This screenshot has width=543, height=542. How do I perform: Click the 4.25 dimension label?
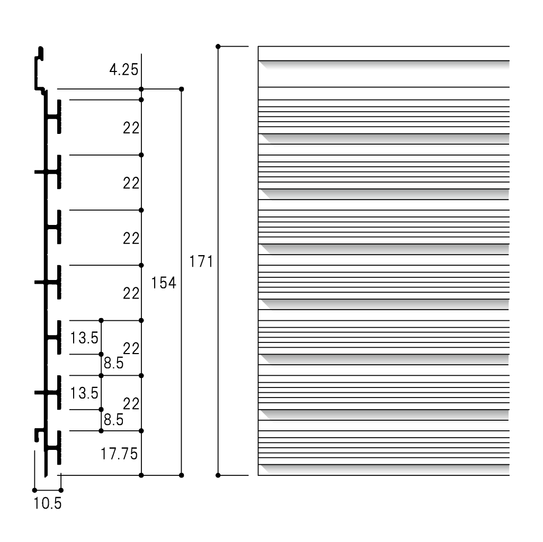(x=123, y=70)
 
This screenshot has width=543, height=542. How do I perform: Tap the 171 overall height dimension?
(x=201, y=261)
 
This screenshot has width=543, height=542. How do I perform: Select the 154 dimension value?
(x=164, y=283)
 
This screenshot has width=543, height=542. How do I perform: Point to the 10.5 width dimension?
(x=48, y=503)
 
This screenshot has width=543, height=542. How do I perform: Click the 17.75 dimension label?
(x=119, y=454)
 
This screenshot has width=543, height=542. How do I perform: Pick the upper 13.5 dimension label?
(x=84, y=338)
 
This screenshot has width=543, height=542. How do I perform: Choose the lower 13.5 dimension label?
(x=84, y=393)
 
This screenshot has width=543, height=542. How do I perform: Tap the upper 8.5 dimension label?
(x=113, y=363)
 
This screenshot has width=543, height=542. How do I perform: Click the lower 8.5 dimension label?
(x=113, y=420)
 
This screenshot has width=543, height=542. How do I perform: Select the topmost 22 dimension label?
(x=131, y=128)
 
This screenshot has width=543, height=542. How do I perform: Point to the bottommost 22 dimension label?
(x=131, y=404)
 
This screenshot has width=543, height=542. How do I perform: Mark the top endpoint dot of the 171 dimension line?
(x=218, y=47)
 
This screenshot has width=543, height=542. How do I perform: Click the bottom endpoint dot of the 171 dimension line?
(x=218, y=475)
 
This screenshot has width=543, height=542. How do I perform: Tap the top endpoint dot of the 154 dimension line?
(x=182, y=89)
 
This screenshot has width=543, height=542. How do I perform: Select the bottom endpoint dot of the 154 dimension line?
(x=182, y=475)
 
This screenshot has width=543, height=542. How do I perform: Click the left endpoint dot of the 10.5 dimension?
(x=34, y=490)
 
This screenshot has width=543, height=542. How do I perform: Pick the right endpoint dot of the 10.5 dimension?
(x=61, y=490)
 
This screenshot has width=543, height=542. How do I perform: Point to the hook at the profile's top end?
(x=40, y=69)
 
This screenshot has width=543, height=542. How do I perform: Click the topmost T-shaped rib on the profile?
(x=55, y=117)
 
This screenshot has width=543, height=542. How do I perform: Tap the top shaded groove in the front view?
(x=384, y=65)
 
